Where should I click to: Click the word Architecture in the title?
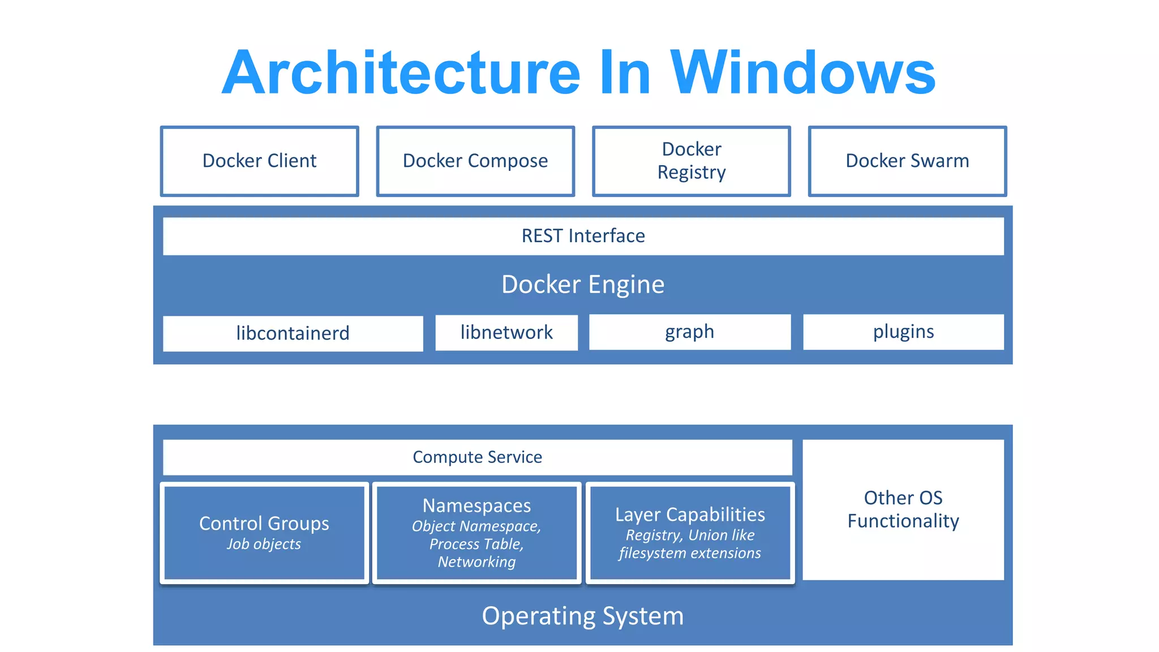pyautogui.click(x=401, y=72)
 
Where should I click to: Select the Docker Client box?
pyautogui.click(x=260, y=161)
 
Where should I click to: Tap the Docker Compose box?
pyautogui.click(x=475, y=161)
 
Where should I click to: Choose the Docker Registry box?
pyautogui.click(x=691, y=161)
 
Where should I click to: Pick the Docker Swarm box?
pyautogui.click(x=907, y=161)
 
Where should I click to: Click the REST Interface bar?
pyautogui.click(x=583, y=236)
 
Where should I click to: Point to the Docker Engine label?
pyautogui.click(x=583, y=284)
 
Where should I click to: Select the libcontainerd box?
pyautogui.click(x=293, y=333)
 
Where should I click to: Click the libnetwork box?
pyautogui.click(x=506, y=332)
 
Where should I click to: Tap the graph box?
pyautogui.click(x=689, y=332)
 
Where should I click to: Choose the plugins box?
pyautogui.click(x=903, y=332)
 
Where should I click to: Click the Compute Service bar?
pyautogui.click(x=477, y=457)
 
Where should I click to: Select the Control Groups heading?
pyautogui.click(x=264, y=524)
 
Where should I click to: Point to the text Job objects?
pyautogui.click(x=264, y=544)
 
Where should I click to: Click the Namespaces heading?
pyautogui.click(x=477, y=505)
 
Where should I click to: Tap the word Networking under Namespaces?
pyautogui.click(x=477, y=562)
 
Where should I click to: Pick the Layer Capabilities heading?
pyautogui.click(x=690, y=514)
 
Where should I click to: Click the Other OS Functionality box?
pyautogui.click(x=903, y=509)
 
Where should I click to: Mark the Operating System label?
pyautogui.click(x=583, y=616)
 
